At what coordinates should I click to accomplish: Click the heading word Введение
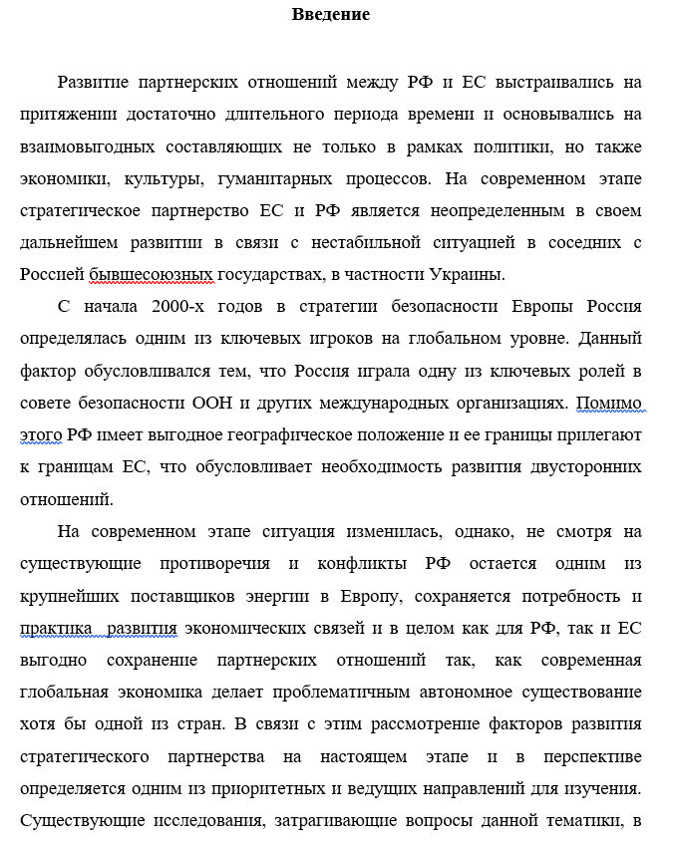(330, 14)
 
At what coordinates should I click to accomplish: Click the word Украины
(467, 274)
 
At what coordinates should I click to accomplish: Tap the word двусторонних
(581, 467)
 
